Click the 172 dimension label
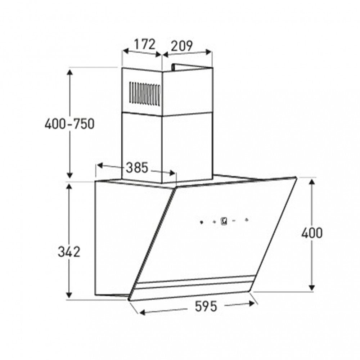145,45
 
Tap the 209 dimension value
181,46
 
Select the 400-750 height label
69,124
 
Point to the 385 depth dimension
137,168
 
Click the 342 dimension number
69,252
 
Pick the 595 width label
206,306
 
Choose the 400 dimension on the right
312,233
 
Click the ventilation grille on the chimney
145,94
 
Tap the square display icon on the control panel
224,221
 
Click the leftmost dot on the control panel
201,222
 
